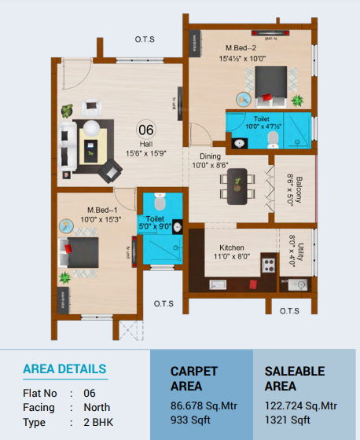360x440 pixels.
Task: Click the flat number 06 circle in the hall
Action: (x=146, y=130)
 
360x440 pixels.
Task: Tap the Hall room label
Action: (x=146, y=144)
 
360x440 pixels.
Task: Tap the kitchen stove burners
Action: (x=268, y=262)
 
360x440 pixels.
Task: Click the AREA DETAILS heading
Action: (x=65, y=368)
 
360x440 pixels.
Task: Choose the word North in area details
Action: (x=97, y=407)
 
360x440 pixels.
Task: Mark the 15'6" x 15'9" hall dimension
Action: (x=147, y=153)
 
